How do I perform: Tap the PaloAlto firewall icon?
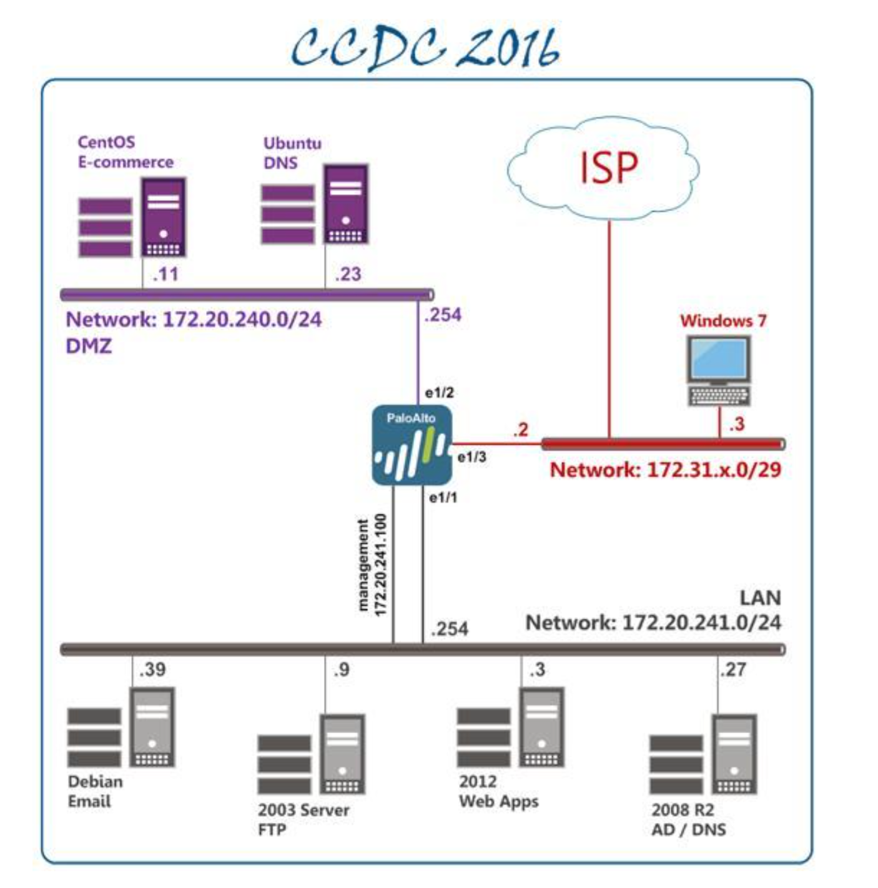pos(412,445)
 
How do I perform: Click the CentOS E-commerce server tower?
pos(163,217)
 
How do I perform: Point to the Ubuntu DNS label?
pos(292,153)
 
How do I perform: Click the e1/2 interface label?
pos(439,393)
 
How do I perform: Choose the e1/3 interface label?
pos(471,457)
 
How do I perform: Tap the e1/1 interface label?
pos(443,498)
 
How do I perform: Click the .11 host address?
pos(165,274)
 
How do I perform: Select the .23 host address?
pos(348,274)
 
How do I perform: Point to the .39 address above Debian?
pos(152,669)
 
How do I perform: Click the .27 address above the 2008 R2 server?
pos(732,669)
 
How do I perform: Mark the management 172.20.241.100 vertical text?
pos(372,565)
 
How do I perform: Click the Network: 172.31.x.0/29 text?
pos(665,470)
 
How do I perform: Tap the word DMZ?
pos(89,345)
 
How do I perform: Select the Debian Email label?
pos(95,791)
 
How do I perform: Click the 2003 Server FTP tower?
pos(342,754)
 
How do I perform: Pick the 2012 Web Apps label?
pos(498,791)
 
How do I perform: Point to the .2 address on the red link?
pos(520,430)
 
